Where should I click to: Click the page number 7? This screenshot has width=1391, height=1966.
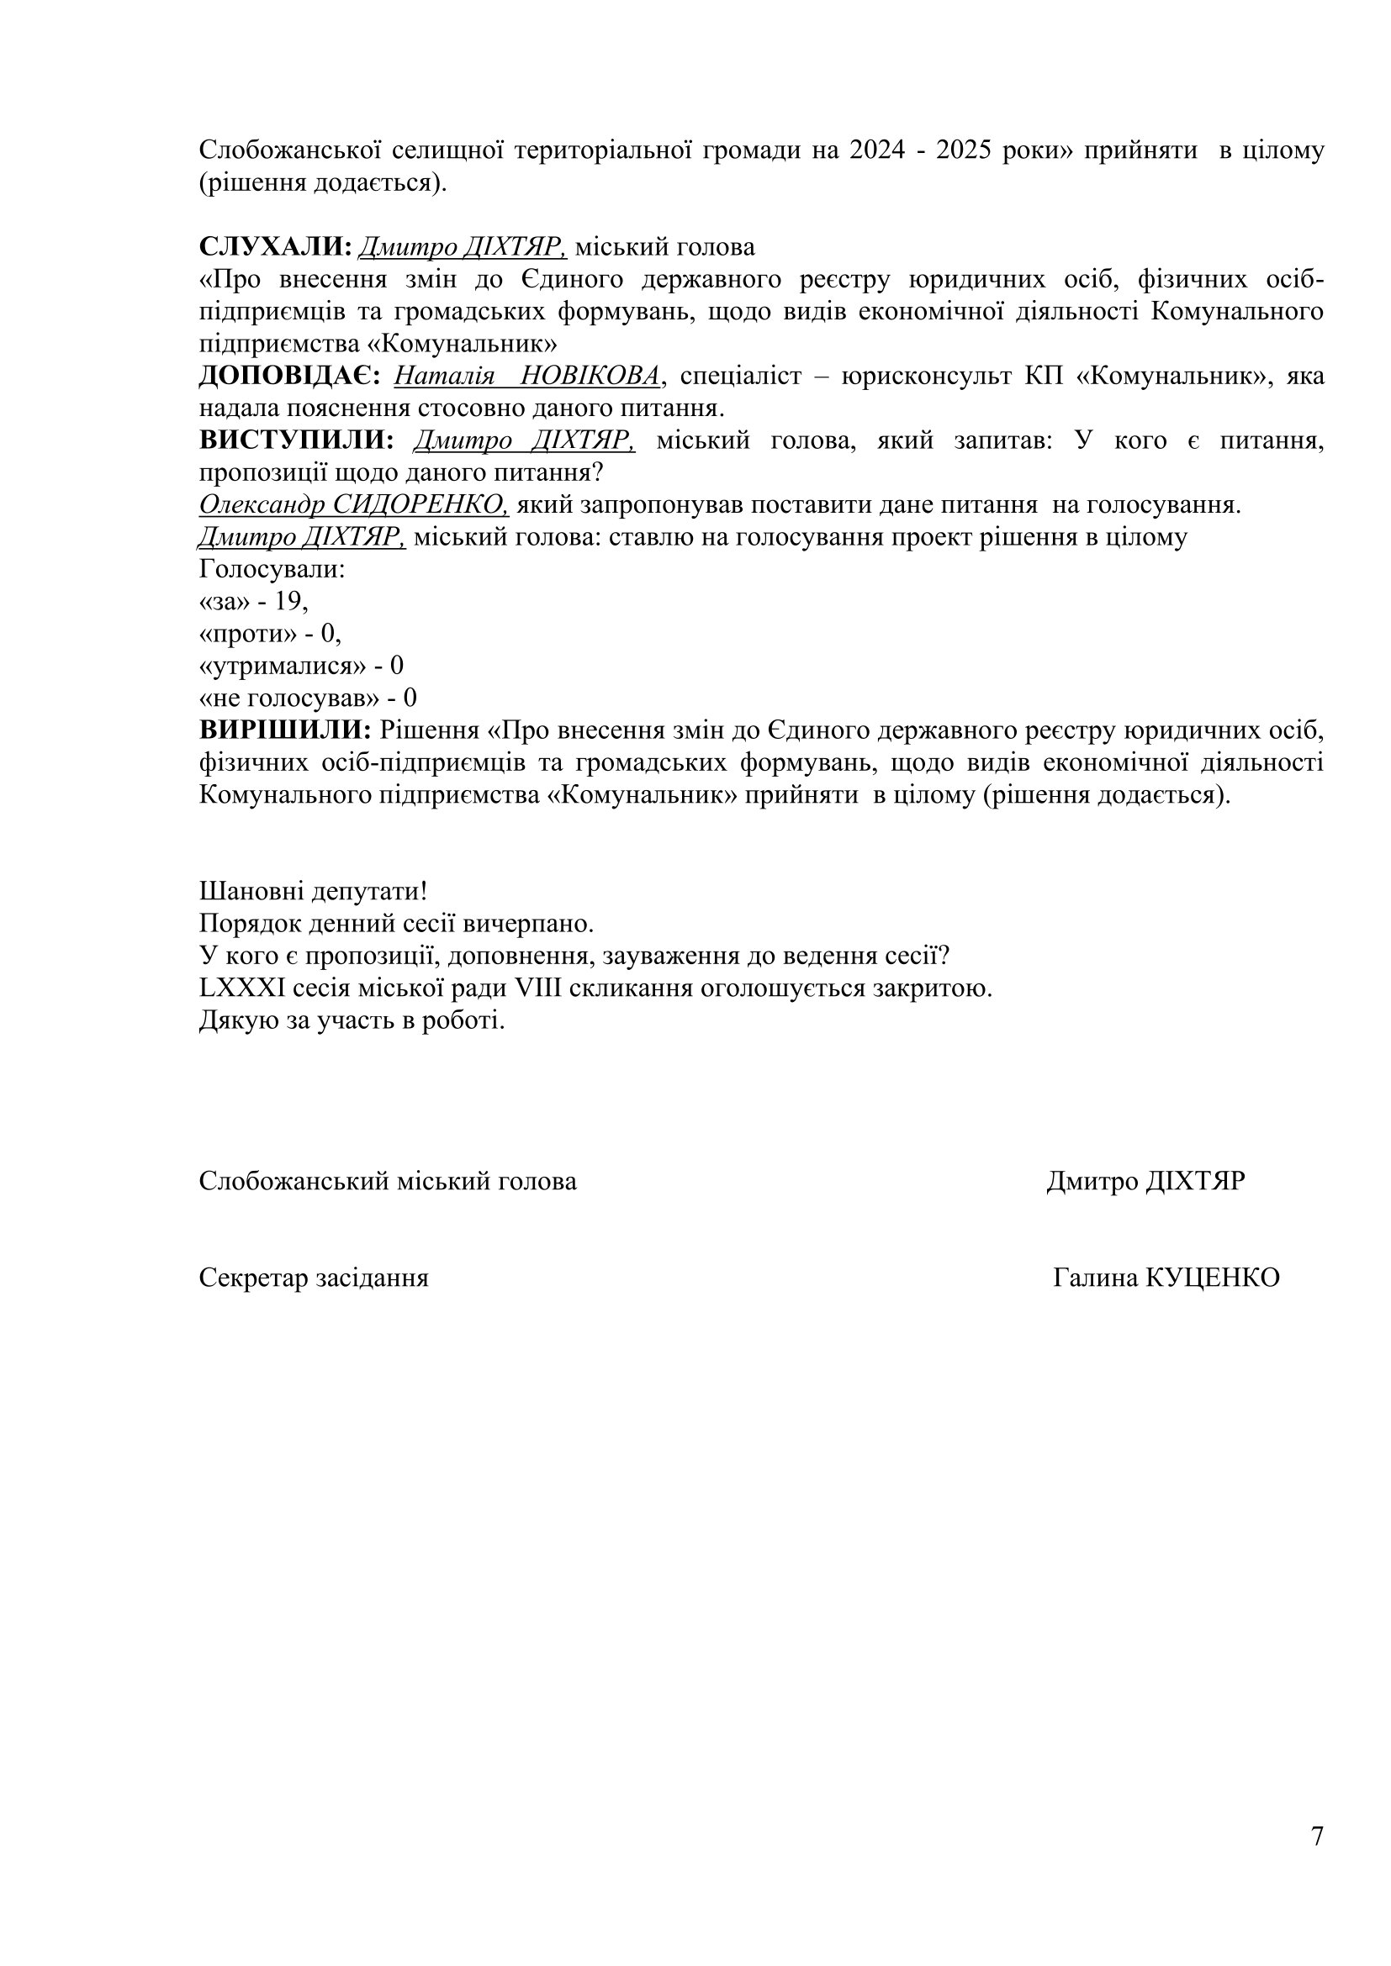(1316, 1835)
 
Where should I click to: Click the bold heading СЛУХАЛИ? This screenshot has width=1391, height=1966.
(276, 247)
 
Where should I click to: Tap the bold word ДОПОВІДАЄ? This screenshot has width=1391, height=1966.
(289, 376)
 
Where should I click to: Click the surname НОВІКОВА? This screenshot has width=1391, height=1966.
(591, 376)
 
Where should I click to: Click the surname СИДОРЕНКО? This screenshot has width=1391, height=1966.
(420, 505)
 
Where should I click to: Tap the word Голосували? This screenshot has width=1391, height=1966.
(272, 569)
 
